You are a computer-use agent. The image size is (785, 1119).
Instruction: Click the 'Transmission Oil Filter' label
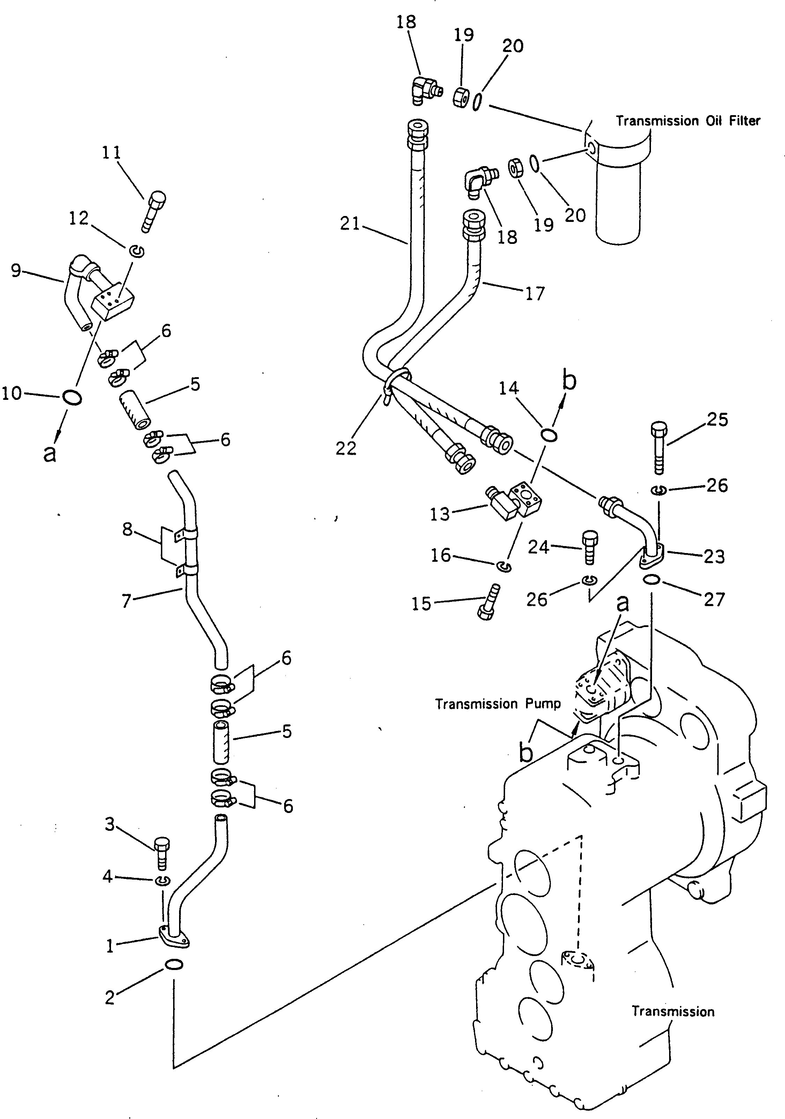(x=688, y=120)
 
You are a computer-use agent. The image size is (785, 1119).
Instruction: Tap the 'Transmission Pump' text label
(x=497, y=703)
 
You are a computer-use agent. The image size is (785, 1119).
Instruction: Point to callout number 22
(x=346, y=448)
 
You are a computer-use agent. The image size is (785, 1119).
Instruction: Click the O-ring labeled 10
(x=72, y=398)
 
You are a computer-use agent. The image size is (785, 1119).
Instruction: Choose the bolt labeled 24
(x=590, y=548)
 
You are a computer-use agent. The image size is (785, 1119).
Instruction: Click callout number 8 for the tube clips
(x=127, y=529)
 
